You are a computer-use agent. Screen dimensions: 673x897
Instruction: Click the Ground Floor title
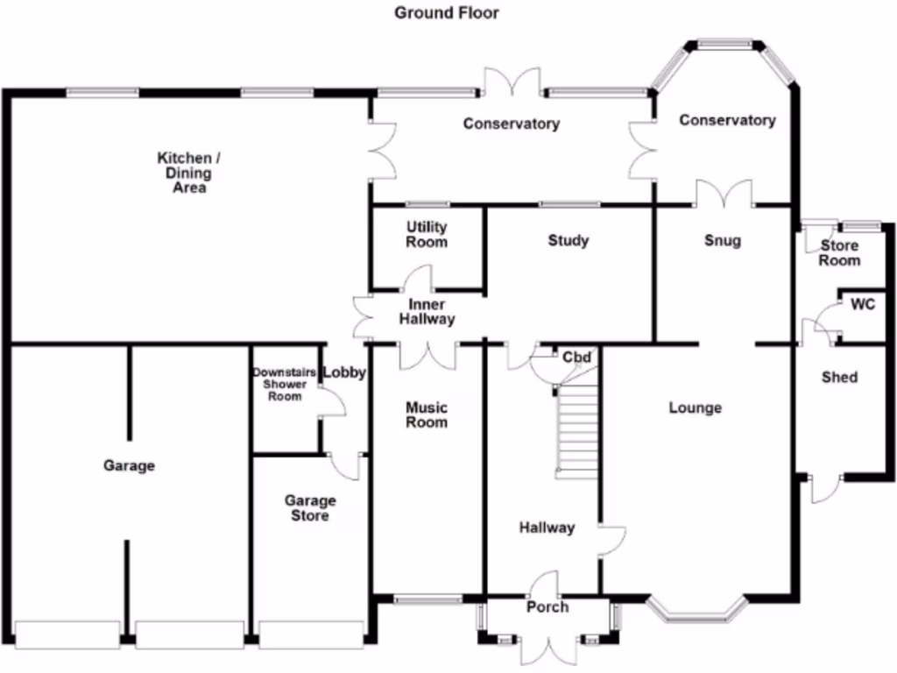(x=446, y=12)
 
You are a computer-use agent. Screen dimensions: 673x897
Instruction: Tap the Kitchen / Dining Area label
(x=184, y=173)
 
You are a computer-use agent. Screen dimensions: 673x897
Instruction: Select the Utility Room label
(x=427, y=235)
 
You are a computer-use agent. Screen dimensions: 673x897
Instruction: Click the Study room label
(x=568, y=240)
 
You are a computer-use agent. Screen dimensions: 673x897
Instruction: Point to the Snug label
(x=722, y=240)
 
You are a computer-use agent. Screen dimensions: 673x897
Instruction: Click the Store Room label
(x=839, y=253)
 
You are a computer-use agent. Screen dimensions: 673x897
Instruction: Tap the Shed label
(x=839, y=377)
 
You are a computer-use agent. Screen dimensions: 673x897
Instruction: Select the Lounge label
(x=695, y=407)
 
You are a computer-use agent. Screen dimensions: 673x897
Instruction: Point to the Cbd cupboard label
(x=576, y=358)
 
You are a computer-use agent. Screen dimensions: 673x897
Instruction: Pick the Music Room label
(x=427, y=414)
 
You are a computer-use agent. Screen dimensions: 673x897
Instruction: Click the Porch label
(x=547, y=607)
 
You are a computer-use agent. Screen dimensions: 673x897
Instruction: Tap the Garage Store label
(x=310, y=508)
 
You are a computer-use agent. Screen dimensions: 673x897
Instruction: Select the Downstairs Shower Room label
(x=284, y=385)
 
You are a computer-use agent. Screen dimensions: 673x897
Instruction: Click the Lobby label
(x=344, y=372)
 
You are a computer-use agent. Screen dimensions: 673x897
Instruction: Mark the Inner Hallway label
(x=427, y=312)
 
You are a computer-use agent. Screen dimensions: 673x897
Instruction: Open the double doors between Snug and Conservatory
(x=724, y=195)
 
